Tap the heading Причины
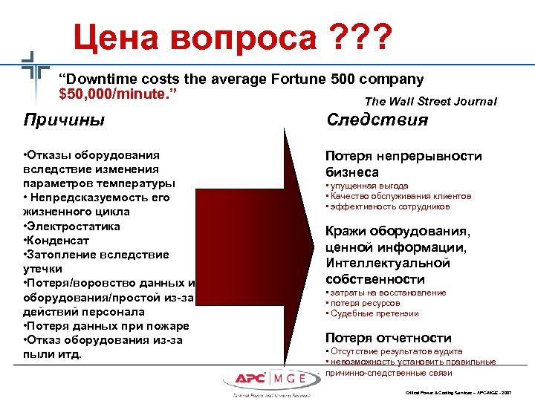pos(64,120)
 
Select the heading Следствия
pos(377,120)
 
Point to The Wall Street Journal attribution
pos(430,102)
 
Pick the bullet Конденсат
pos(59,240)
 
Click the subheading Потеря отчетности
pos(388,338)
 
